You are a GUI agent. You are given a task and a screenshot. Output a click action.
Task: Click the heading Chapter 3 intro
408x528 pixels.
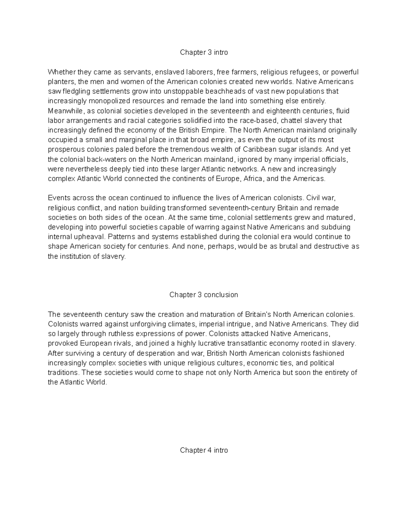tap(204, 52)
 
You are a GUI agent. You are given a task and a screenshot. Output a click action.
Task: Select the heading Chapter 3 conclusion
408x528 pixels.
tap(204, 295)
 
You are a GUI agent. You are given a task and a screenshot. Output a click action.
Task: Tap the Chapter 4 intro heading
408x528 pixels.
tap(204, 450)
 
